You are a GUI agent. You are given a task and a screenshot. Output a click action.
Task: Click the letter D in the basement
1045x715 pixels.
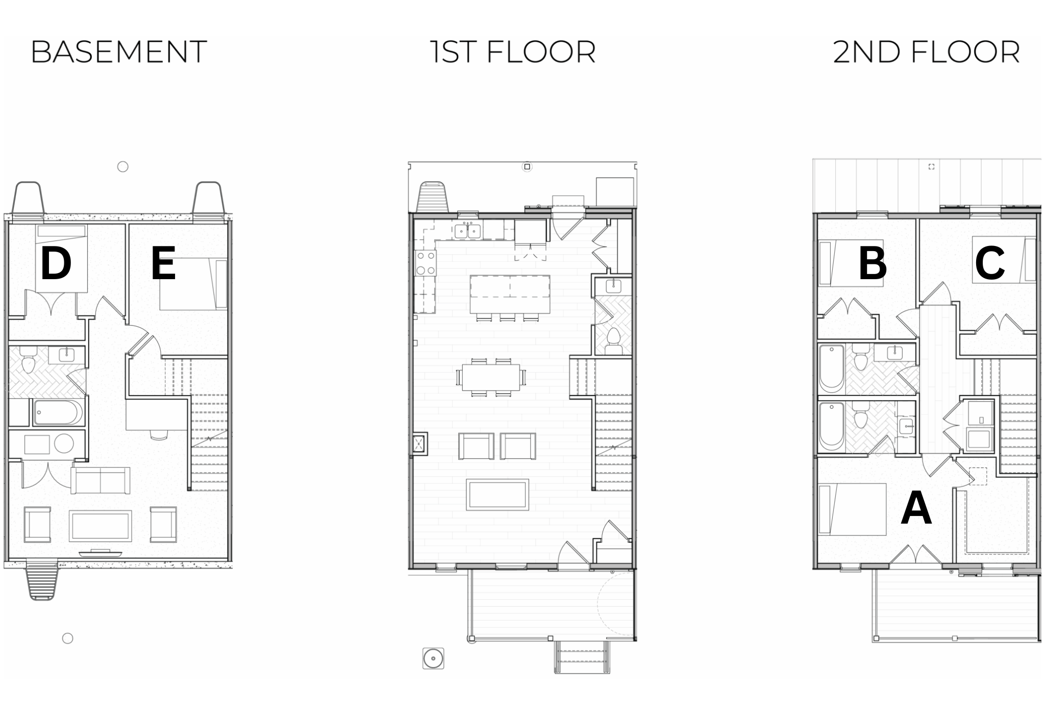pyautogui.click(x=56, y=263)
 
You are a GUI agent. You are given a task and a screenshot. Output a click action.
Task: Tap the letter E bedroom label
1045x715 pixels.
pyautogui.click(x=163, y=263)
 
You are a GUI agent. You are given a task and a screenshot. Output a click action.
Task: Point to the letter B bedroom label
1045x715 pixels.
pyautogui.click(x=873, y=263)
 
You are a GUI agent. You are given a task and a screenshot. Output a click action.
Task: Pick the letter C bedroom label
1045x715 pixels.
pyautogui.click(x=990, y=263)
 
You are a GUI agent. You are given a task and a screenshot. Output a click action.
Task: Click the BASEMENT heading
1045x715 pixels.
pyautogui.click(x=119, y=52)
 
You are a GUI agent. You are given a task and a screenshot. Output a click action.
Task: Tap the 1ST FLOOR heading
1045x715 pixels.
pyautogui.click(x=513, y=52)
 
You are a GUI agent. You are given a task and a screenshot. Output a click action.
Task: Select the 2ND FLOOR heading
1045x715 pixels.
pyautogui.click(x=927, y=52)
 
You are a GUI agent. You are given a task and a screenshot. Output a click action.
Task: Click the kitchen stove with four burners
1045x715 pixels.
pyautogui.click(x=426, y=263)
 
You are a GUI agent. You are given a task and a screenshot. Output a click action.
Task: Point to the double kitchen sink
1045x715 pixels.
pyautogui.click(x=468, y=231)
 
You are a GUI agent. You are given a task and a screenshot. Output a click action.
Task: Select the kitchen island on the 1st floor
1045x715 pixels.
pyautogui.click(x=510, y=294)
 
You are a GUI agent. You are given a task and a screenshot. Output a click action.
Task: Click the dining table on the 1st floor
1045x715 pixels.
pyautogui.click(x=491, y=377)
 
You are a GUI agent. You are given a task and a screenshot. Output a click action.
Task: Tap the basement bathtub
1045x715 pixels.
pyautogui.click(x=58, y=412)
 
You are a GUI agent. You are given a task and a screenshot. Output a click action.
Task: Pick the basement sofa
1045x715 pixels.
pyautogui.click(x=100, y=480)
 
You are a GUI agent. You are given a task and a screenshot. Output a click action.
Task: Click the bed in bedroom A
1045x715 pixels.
pyautogui.click(x=852, y=509)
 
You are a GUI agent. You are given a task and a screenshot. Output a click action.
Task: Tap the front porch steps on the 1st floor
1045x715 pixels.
pyautogui.click(x=582, y=657)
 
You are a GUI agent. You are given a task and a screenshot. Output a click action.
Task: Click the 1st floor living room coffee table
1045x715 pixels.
pyautogui.click(x=497, y=494)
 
